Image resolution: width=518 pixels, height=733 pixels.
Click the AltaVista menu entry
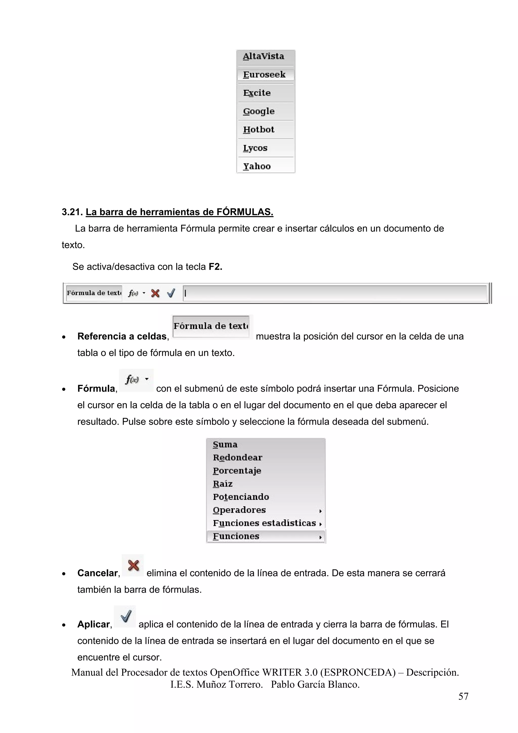[x=263, y=56]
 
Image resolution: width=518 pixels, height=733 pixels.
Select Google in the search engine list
[x=259, y=111]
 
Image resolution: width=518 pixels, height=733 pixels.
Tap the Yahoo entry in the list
[x=257, y=166]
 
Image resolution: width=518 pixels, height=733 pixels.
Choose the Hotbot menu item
[x=258, y=130]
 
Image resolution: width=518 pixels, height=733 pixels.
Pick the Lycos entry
[x=255, y=148]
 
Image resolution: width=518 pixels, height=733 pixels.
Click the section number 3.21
[x=72, y=212]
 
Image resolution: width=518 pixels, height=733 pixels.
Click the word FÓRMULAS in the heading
[x=245, y=212]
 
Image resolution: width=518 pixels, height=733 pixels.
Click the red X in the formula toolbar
[x=156, y=293]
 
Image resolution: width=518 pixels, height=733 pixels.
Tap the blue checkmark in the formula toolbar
[x=171, y=293]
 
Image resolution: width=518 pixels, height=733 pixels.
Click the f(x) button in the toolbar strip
[x=133, y=293]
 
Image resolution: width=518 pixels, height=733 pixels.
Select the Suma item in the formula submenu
[x=225, y=445]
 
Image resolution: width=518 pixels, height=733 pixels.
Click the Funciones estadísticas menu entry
[x=264, y=523]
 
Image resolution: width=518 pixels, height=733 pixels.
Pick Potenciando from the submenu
[x=241, y=497]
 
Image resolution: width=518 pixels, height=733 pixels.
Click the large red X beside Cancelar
[x=133, y=566]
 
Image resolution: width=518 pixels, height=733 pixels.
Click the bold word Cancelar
[x=98, y=573]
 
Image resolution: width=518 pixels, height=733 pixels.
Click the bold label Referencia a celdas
[x=122, y=336]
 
